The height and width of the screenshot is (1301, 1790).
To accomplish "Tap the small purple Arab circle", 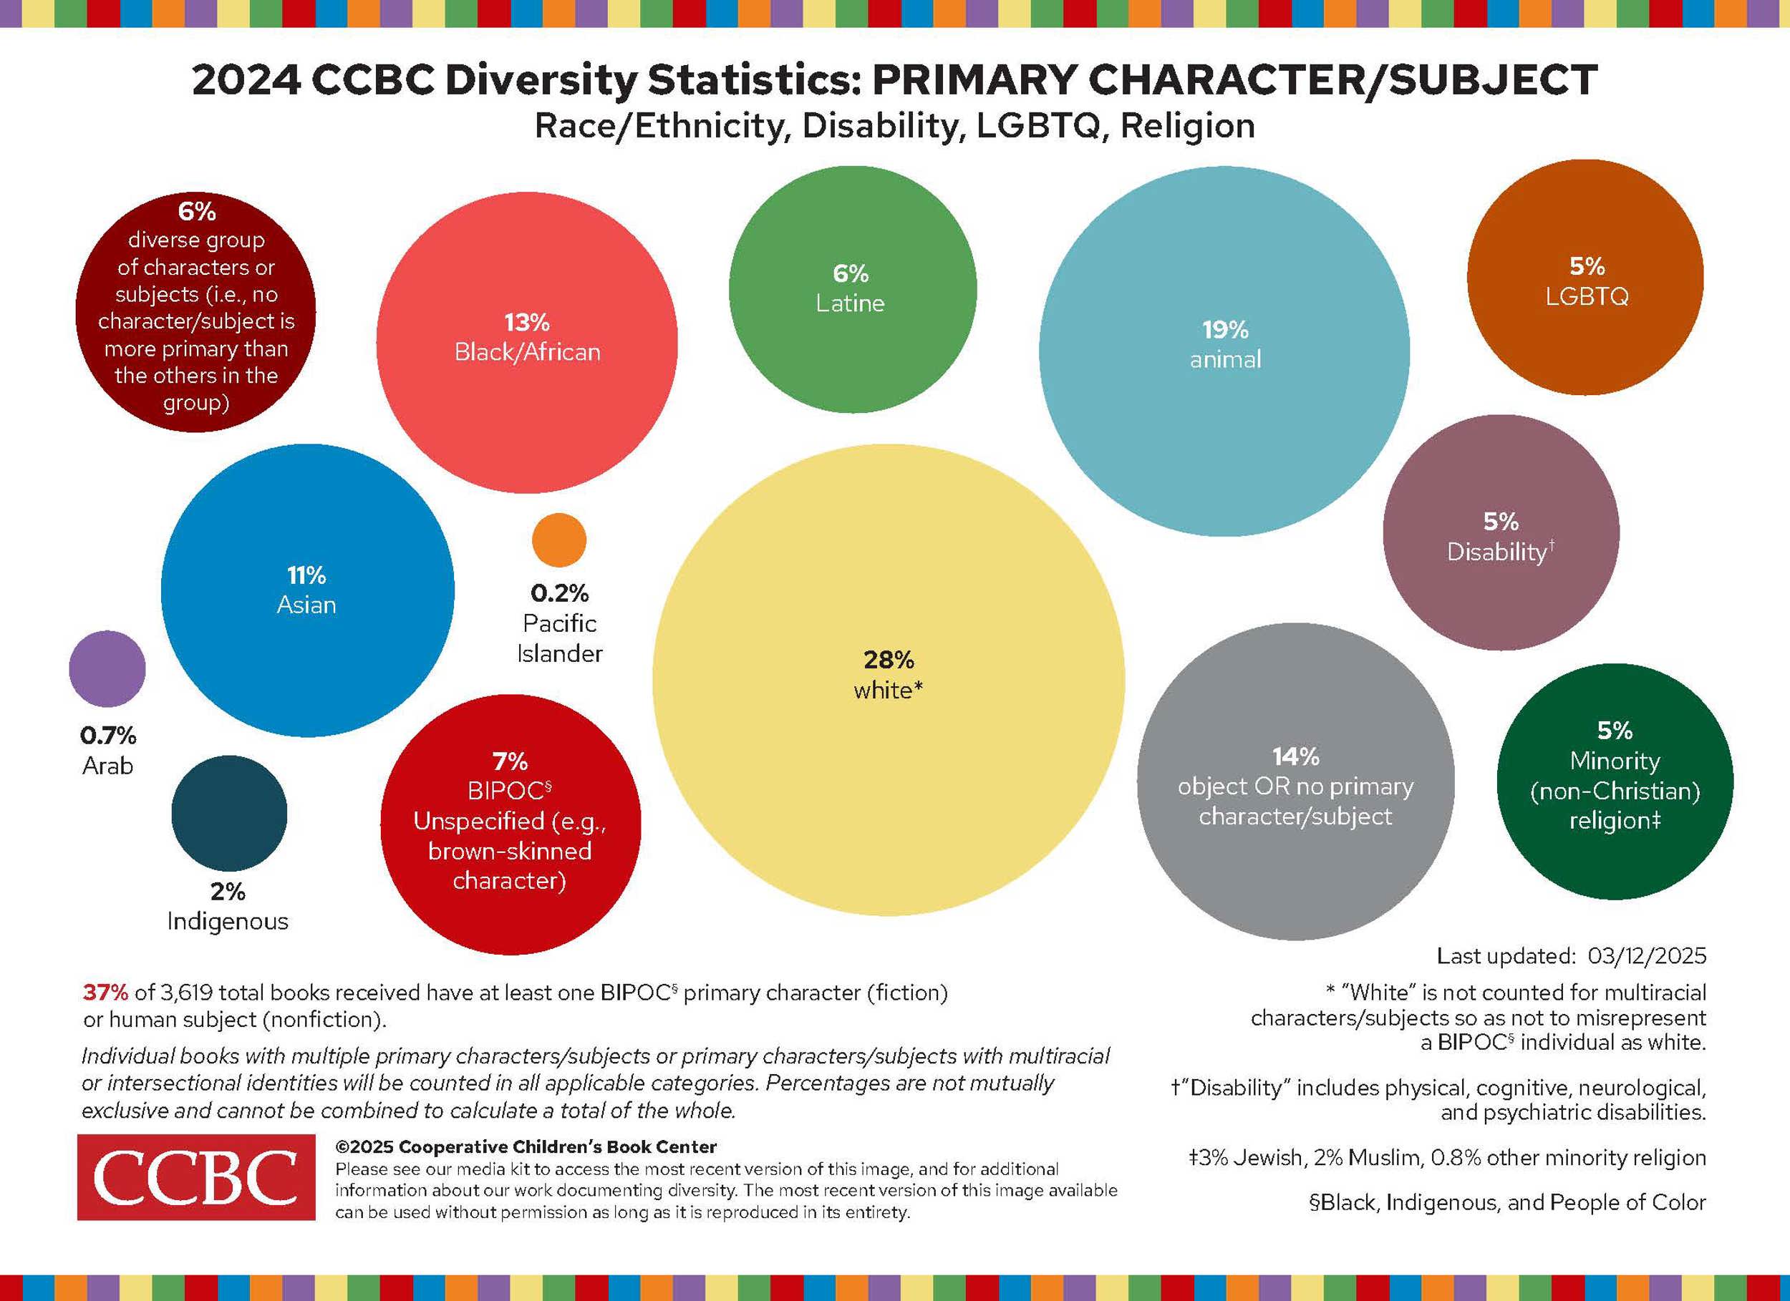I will click(x=107, y=668).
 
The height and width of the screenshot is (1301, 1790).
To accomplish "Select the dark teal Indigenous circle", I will click(x=229, y=814).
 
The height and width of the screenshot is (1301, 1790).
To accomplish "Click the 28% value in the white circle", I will click(x=888, y=660).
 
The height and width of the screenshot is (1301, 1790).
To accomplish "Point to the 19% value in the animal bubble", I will click(x=1225, y=330).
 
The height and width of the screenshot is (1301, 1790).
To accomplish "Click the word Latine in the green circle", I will click(x=850, y=303).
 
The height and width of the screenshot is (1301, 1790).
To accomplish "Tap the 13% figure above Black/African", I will click(x=526, y=323).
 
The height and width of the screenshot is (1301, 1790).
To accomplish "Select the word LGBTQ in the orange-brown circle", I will click(x=1587, y=297).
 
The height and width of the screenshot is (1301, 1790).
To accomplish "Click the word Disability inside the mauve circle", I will click(x=1496, y=552).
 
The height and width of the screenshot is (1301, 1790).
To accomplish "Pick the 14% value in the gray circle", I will click(x=1295, y=756).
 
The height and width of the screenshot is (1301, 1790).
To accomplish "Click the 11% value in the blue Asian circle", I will click(x=306, y=575).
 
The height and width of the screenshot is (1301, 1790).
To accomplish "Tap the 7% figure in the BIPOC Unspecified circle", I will click(x=510, y=761).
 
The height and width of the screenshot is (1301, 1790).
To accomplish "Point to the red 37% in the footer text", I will click(x=105, y=993).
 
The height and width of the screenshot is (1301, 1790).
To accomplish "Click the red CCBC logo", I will click(x=195, y=1176).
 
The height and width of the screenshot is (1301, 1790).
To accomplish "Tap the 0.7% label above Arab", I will click(x=108, y=736).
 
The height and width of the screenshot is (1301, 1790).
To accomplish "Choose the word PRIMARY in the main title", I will click(x=974, y=80).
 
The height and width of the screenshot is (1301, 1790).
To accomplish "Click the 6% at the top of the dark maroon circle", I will click(x=196, y=211).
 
